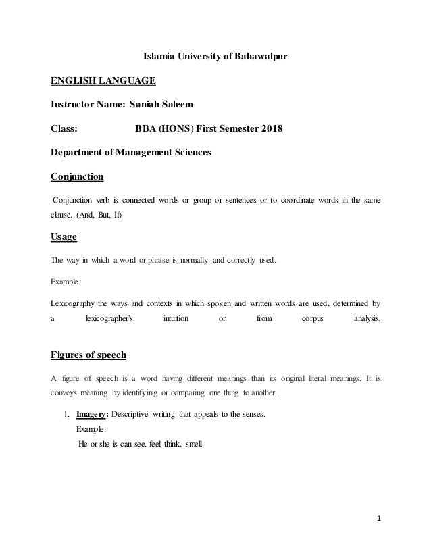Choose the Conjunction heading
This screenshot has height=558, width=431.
coord(78,177)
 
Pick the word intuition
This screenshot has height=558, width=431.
coord(176,319)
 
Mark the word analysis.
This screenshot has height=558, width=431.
coord(367,319)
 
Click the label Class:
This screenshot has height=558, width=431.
coord(65,128)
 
